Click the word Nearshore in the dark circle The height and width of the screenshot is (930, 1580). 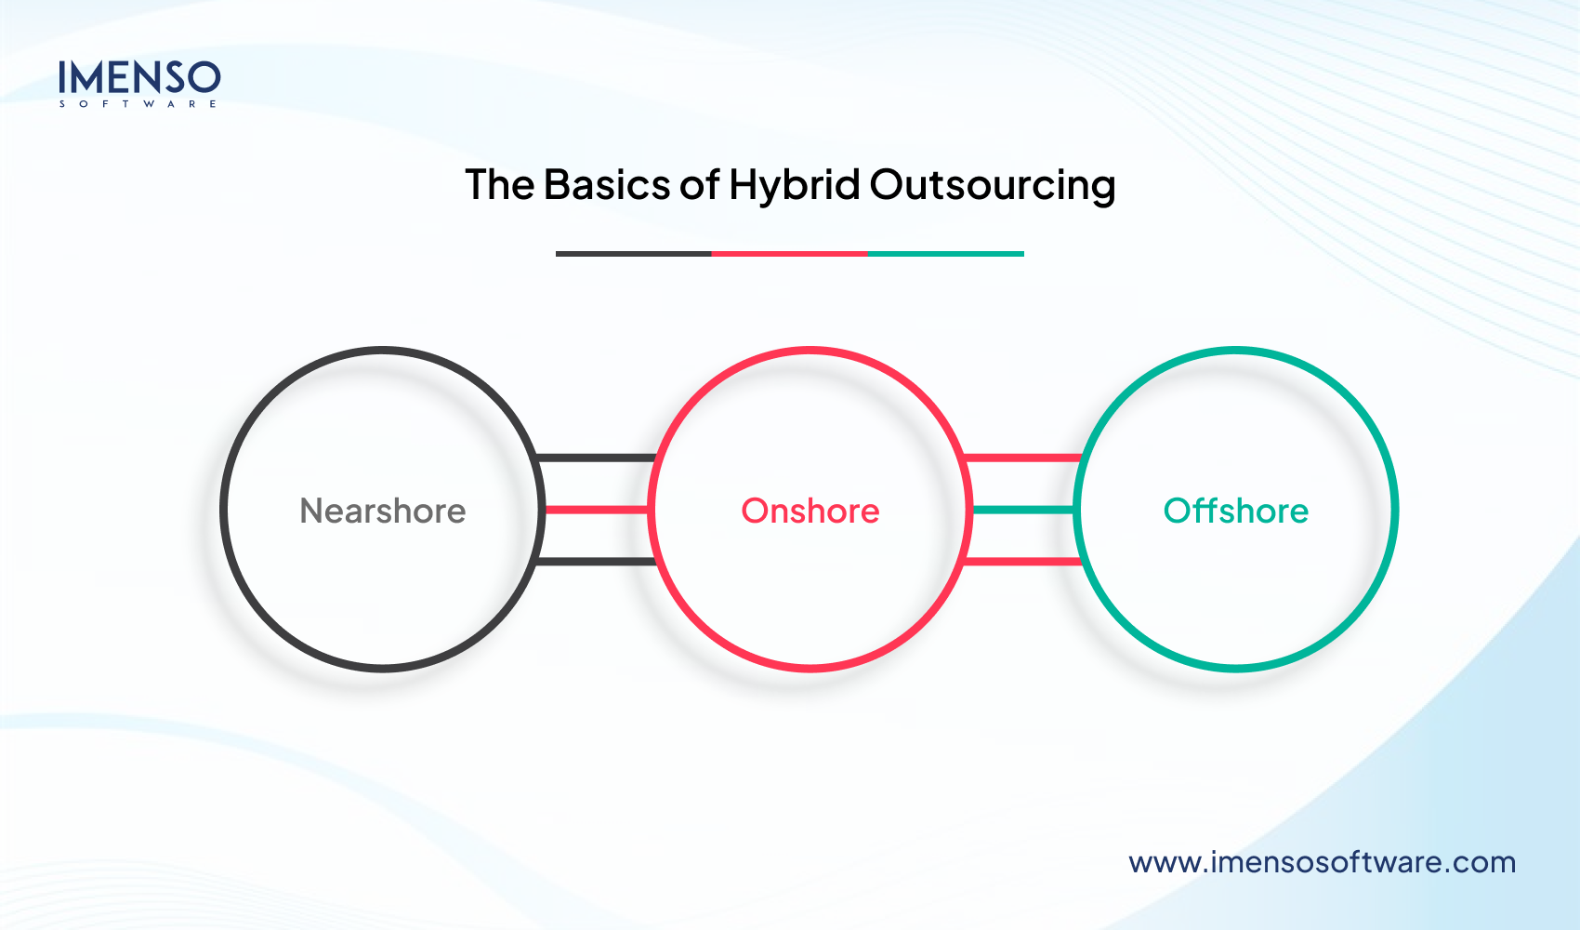(x=382, y=511)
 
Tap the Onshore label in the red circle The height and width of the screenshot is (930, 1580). (x=810, y=511)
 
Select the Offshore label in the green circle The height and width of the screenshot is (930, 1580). (x=1235, y=511)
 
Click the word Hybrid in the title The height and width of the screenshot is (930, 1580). (x=794, y=185)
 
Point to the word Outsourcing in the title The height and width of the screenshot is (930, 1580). (x=992, y=185)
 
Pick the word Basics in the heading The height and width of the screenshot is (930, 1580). (x=606, y=185)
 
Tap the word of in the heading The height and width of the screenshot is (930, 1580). (x=699, y=185)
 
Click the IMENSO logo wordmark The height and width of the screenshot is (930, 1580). (x=139, y=78)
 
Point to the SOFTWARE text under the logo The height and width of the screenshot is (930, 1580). (x=138, y=104)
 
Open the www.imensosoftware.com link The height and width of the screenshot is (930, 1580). (x=1322, y=862)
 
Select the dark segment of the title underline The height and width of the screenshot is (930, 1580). (x=633, y=253)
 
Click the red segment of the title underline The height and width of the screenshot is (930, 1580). (x=789, y=253)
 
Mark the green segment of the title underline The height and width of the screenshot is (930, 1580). (x=945, y=253)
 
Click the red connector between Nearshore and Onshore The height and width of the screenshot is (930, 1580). (x=597, y=510)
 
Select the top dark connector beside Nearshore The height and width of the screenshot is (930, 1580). (x=597, y=458)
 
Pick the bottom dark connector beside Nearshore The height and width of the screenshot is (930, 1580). (x=597, y=562)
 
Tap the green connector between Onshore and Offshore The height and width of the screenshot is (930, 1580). (x=1022, y=510)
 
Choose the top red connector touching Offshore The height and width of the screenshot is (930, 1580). (x=1022, y=458)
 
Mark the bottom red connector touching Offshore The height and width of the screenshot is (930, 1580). (x=1022, y=562)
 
